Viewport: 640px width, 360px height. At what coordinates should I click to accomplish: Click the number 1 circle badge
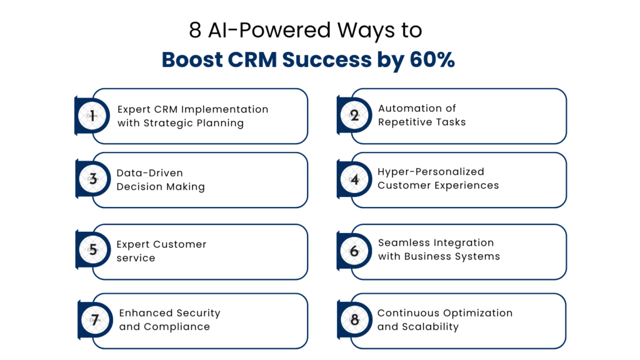click(x=92, y=116)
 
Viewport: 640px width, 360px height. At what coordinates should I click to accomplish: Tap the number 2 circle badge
click(x=354, y=116)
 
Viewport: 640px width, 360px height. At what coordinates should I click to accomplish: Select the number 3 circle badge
click(x=92, y=179)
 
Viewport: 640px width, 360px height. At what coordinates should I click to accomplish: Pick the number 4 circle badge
click(x=354, y=179)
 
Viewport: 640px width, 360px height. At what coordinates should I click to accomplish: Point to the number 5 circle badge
click(x=92, y=250)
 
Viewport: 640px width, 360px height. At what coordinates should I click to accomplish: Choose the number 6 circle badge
click(x=354, y=250)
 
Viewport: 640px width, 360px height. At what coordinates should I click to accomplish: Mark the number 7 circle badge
click(x=95, y=321)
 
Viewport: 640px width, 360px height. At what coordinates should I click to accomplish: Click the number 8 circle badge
click(x=354, y=321)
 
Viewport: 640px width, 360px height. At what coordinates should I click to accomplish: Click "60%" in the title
click(x=432, y=59)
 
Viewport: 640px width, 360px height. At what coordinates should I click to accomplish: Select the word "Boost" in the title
click(x=189, y=59)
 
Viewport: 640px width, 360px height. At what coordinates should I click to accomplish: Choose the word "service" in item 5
click(x=136, y=258)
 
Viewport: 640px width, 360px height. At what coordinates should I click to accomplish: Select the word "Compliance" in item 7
click(x=177, y=327)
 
